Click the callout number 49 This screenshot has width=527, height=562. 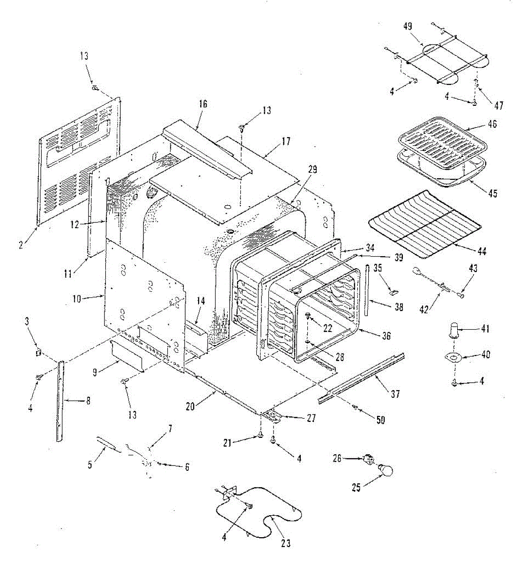pyautogui.click(x=407, y=26)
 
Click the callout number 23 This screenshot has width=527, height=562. pyautogui.click(x=286, y=544)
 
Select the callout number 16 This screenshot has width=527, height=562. pyautogui.click(x=202, y=104)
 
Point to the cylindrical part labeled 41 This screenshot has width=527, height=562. pyautogui.click(x=454, y=329)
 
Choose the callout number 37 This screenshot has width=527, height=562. pyautogui.click(x=395, y=394)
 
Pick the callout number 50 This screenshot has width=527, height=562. pyautogui.click(x=380, y=420)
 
